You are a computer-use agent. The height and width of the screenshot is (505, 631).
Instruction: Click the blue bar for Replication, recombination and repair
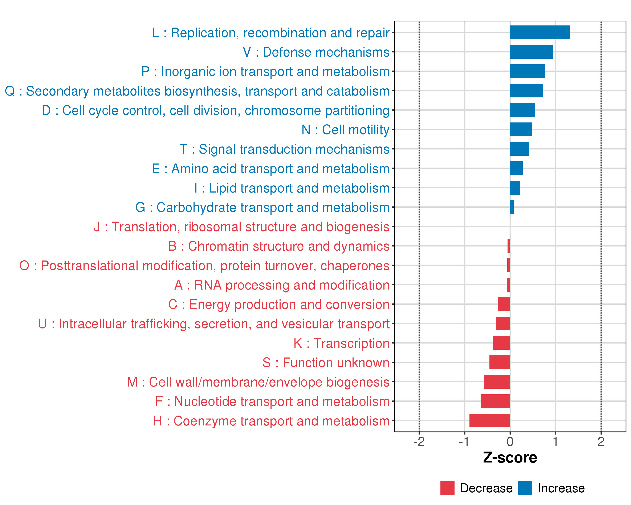pyautogui.click(x=540, y=32)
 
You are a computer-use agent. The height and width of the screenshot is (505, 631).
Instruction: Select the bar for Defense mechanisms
pyautogui.click(x=532, y=52)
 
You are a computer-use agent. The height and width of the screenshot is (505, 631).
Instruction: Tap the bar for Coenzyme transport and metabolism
pyautogui.click(x=490, y=420)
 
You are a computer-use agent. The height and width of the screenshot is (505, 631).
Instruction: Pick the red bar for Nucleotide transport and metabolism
pyautogui.click(x=496, y=401)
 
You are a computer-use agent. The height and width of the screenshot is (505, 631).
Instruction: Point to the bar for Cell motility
pyautogui.click(x=521, y=129)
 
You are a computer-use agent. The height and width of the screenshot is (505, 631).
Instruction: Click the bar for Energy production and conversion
pyautogui.click(x=504, y=304)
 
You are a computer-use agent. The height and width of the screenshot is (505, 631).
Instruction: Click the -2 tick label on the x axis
pyautogui.click(x=419, y=442)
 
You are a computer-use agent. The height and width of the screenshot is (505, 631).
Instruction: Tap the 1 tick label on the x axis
pyautogui.click(x=555, y=442)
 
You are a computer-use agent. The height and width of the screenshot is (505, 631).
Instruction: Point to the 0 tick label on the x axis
pyautogui.click(x=510, y=442)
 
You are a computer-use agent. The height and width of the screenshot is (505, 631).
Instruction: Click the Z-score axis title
pyautogui.click(x=510, y=458)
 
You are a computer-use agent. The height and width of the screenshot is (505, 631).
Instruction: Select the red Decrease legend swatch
pyautogui.click(x=447, y=488)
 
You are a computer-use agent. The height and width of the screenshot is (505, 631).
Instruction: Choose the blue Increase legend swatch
pyautogui.click(x=525, y=488)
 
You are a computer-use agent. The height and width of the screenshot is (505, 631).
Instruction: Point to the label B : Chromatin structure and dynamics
pyautogui.click(x=279, y=246)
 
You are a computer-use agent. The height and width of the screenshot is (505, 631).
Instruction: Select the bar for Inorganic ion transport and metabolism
pyautogui.click(x=528, y=71)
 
